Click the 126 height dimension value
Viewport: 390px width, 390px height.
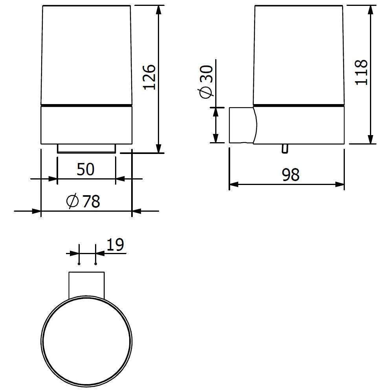click(x=150, y=77)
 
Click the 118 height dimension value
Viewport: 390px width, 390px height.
click(x=361, y=73)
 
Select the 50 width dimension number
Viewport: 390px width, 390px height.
click(x=86, y=169)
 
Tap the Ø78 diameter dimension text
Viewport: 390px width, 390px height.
click(x=83, y=201)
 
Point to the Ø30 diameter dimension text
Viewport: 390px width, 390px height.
click(x=207, y=82)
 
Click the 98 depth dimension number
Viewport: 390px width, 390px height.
click(x=291, y=175)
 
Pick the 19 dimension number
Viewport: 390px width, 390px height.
click(x=115, y=245)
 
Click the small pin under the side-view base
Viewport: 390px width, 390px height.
click(x=285, y=148)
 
